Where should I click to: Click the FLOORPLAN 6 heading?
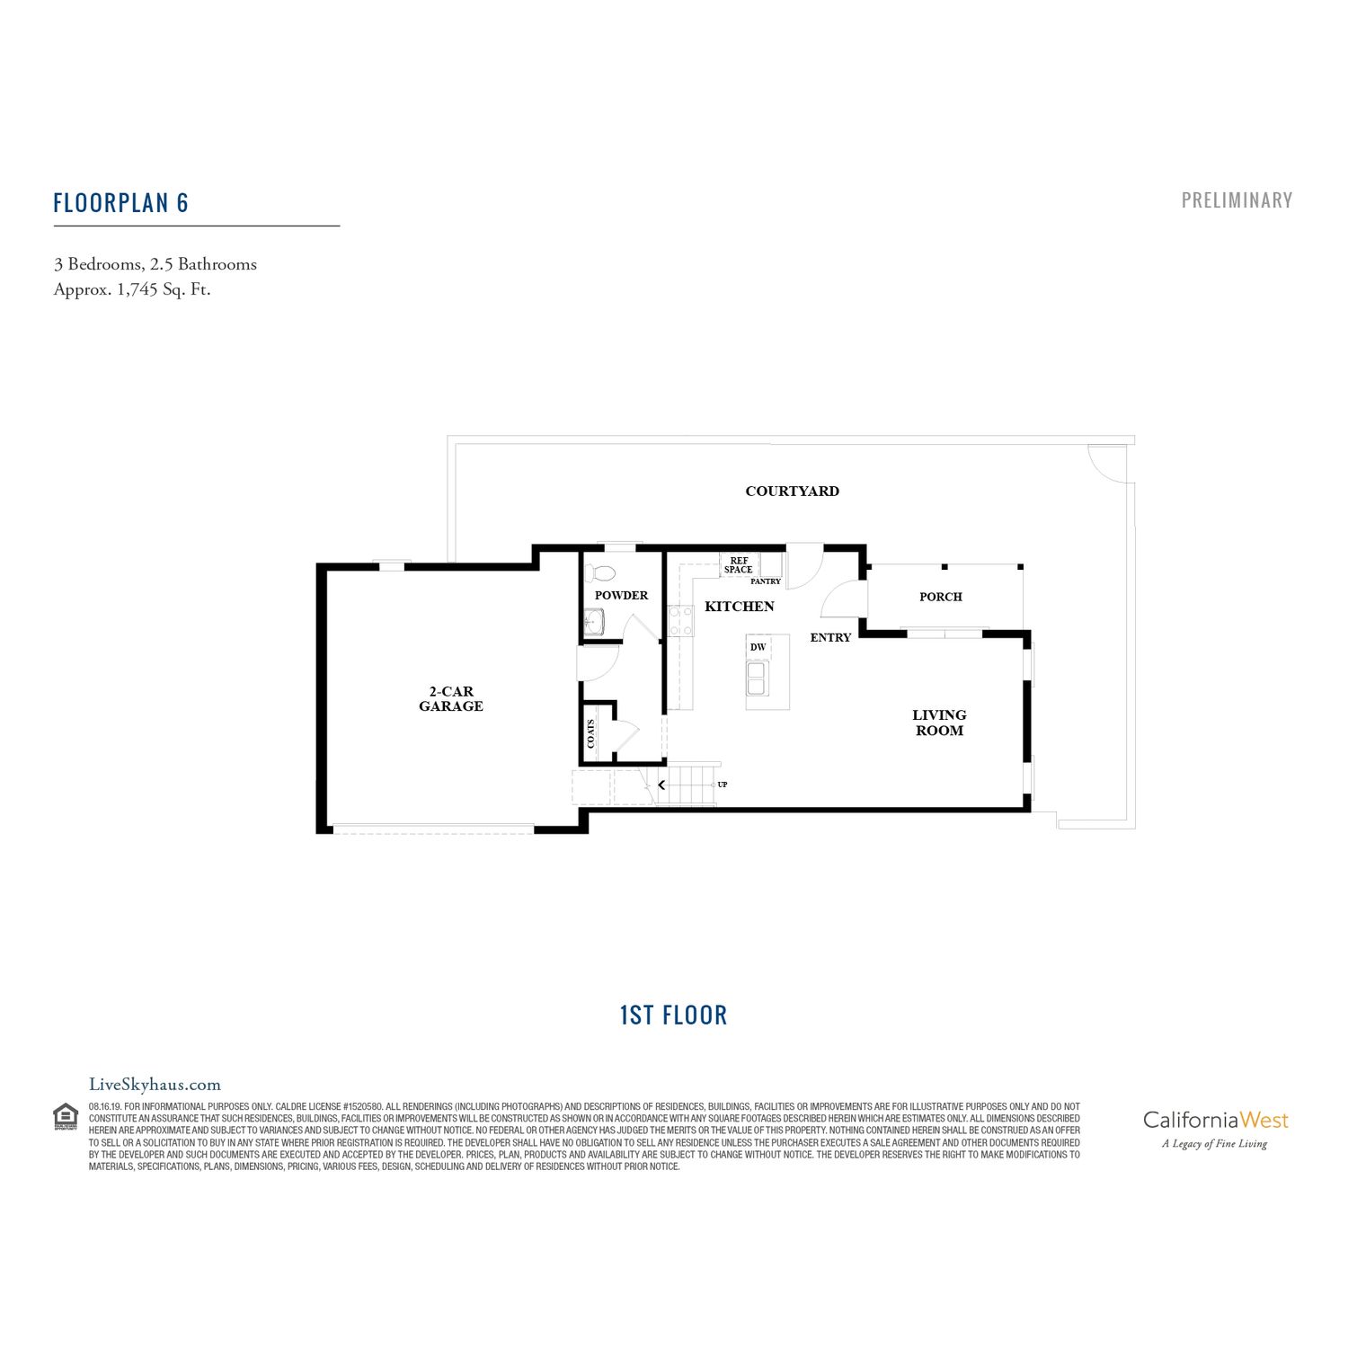(120, 203)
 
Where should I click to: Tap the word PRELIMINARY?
(1237, 200)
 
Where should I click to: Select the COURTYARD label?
(792, 491)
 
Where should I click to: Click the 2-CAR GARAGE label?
(451, 699)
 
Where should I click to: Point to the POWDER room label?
(621, 595)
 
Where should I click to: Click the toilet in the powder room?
(600, 573)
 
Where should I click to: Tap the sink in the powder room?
(594, 621)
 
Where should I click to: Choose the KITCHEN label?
(739, 607)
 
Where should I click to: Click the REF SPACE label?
(739, 565)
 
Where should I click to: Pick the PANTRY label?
(766, 581)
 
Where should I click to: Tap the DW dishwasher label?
(758, 647)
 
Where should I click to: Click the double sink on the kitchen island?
(757, 678)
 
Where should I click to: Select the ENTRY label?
(830, 637)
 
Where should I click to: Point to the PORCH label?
(940, 597)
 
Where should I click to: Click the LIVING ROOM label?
(939, 723)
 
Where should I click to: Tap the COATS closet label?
(591, 733)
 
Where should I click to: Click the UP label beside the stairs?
(723, 785)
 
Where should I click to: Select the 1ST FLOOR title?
(673, 1015)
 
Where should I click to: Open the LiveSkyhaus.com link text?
(155, 1085)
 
